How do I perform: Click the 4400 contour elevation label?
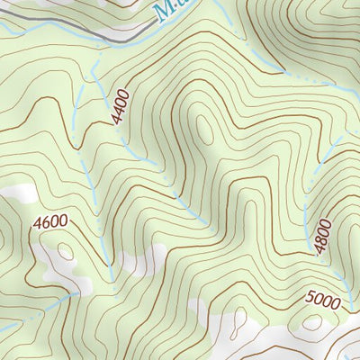pos(121,105)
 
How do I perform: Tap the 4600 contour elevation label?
pos(52,221)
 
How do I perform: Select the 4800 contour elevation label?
pos(324,236)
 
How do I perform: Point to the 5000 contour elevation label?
pos(322,301)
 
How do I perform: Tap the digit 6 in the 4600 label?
pos(47,221)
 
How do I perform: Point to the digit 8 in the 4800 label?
pos(324,240)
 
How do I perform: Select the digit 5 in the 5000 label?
pos(310,296)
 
